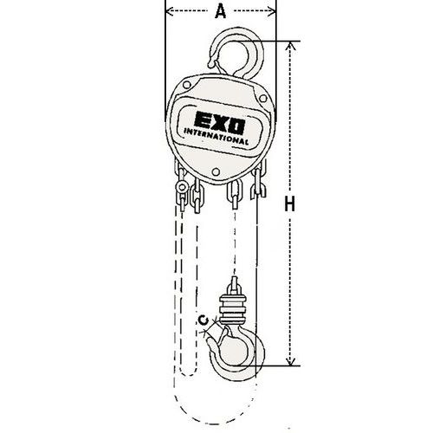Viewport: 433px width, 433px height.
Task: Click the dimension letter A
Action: click(x=221, y=12)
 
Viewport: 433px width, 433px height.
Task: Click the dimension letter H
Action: click(x=290, y=204)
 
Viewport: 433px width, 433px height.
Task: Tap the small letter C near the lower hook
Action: click(x=204, y=320)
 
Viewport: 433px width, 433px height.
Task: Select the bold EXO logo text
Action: click(x=220, y=123)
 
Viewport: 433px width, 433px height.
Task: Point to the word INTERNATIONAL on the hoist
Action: click(x=216, y=137)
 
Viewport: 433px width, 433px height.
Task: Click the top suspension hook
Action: click(x=236, y=54)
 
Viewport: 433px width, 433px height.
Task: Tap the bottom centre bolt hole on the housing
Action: click(x=216, y=172)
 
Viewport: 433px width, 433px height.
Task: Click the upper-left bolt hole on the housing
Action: click(x=187, y=85)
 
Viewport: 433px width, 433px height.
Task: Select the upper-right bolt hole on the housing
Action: click(x=263, y=99)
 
